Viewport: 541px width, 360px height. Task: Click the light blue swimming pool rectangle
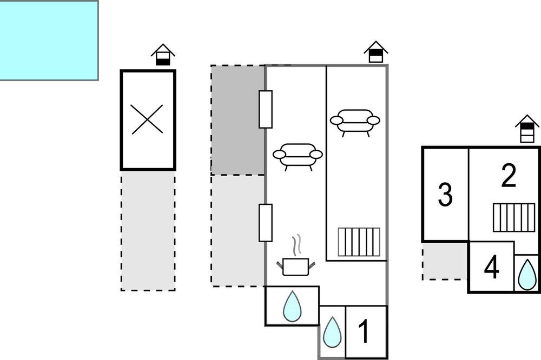(x=49, y=41)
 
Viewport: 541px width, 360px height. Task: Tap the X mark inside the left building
(x=147, y=119)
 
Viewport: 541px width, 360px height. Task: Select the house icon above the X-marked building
(x=163, y=55)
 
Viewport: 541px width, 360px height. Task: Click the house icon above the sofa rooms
(x=376, y=52)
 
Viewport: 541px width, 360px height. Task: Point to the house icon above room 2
(x=527, y=129)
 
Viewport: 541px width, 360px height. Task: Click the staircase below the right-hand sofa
(x=359, y=242)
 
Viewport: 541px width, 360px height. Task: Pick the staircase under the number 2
(x=514, y=218)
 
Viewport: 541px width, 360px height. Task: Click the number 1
(x=364, y=331)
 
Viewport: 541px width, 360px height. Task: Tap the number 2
(x=509, y=176)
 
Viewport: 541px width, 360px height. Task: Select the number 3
(x=445, y=195)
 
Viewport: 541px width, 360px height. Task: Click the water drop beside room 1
(x=332, y=332)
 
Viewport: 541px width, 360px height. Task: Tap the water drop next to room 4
(x=527, y=275)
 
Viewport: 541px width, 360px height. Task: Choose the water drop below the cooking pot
(x=292, y=306)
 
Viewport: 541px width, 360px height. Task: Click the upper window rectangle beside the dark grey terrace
(x=266, y=109)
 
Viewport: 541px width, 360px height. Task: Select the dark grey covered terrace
(x=237, y=120)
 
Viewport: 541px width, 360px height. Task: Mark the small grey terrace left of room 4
(x=445, y=261)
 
